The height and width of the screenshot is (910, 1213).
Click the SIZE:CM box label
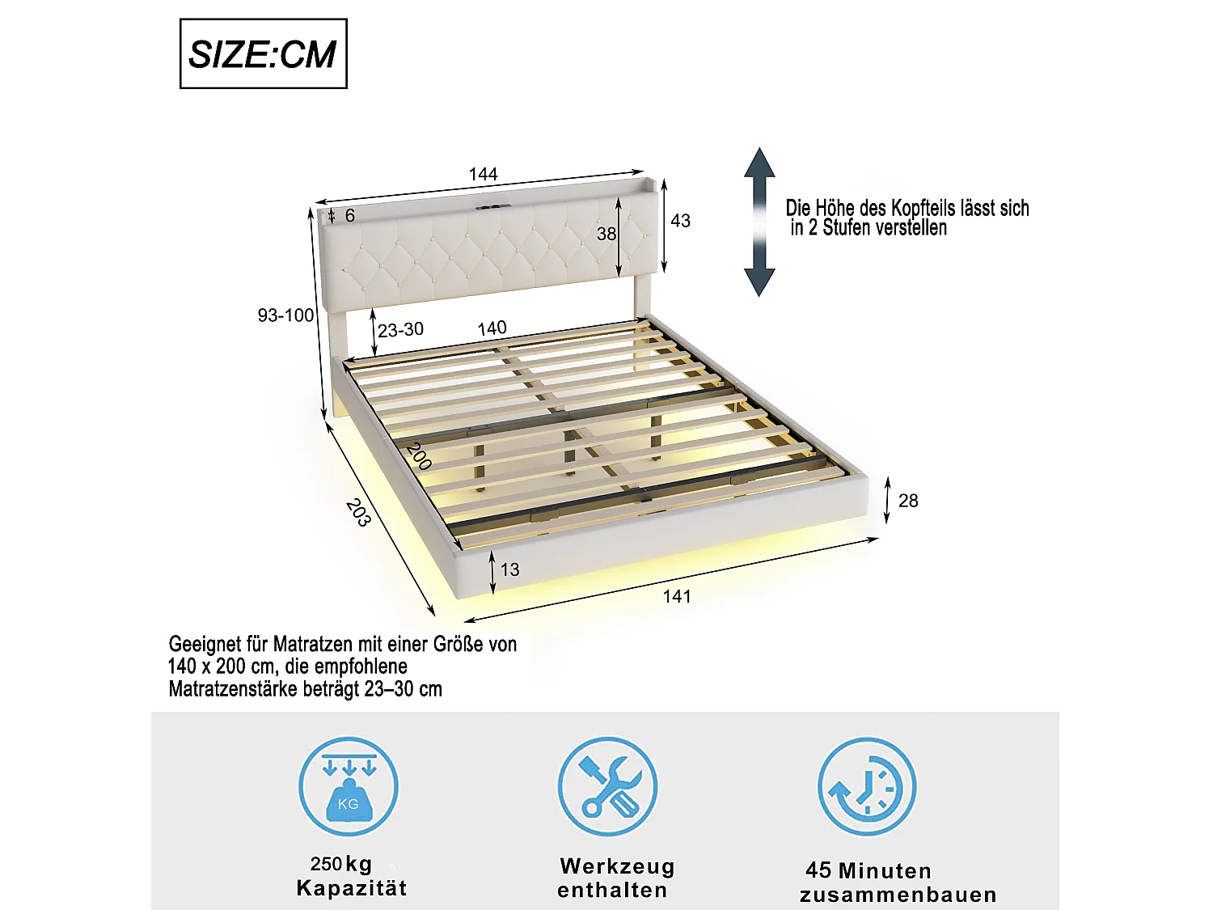tap(263, 54)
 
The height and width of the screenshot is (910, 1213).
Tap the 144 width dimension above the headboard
tap(483, 174)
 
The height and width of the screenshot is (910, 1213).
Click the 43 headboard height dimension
tap(680, 221)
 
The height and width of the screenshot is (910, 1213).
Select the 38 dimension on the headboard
tap(606, 234)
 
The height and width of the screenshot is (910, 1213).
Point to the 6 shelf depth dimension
tap(349, 216)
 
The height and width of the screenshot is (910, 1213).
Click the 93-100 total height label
tap(285, 315)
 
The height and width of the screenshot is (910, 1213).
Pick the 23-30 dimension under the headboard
tap(400, 330)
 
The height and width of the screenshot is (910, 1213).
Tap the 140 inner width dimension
tap(492, 328)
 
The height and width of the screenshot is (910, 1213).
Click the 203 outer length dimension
tap(358, 513)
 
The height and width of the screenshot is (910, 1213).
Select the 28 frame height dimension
tap(908, 501)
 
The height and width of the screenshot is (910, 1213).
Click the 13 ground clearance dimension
tap(509, 569)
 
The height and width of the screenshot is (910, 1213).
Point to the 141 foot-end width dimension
tap(677, 597)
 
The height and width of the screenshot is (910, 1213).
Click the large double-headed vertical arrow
tap(759, 222)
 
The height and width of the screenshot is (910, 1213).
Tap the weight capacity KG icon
tap(349, 787)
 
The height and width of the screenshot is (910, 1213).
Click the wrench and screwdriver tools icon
tap(607, 787)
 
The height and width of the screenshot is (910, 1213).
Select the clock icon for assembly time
tap(866, 787)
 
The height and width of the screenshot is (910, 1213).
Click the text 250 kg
tap(341, 864)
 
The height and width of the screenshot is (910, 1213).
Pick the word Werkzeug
tap(617, 866)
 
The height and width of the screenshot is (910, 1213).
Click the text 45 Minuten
tap(868, 871)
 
